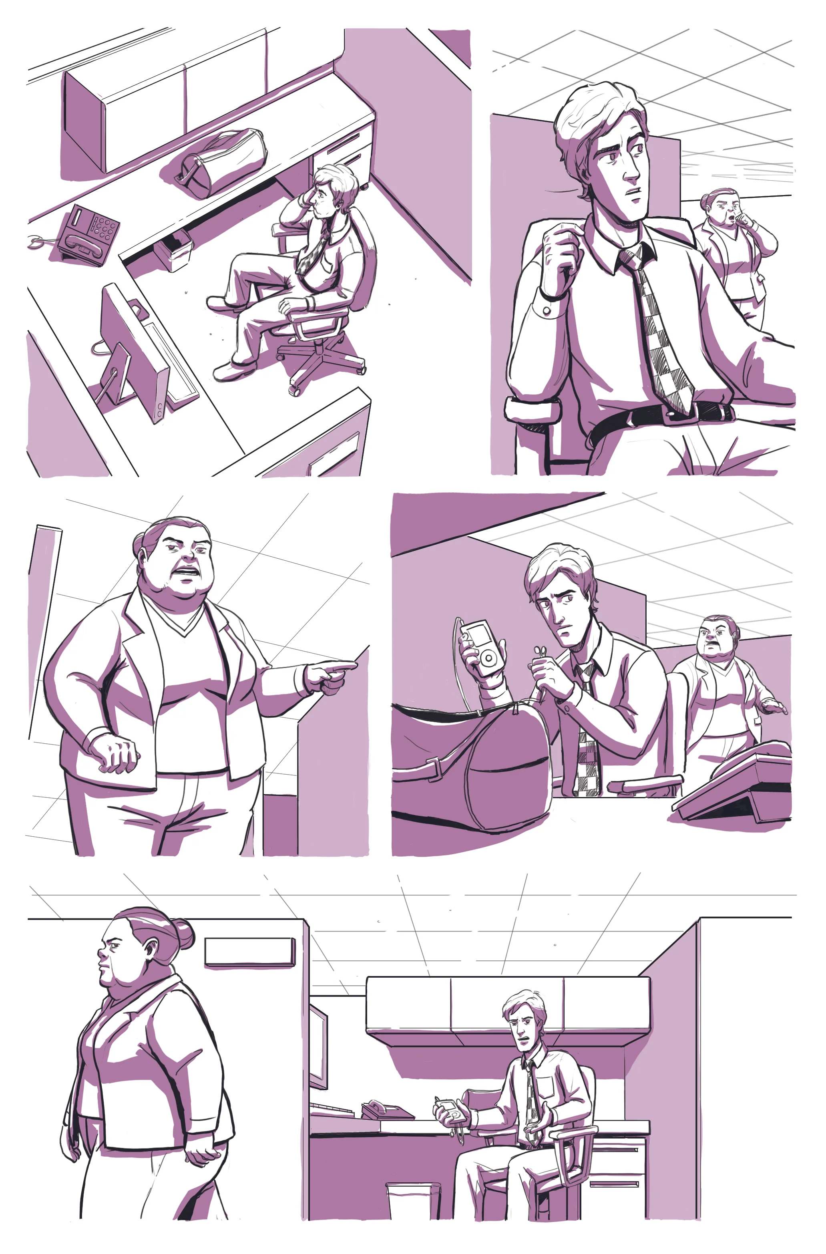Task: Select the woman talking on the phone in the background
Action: (735, 242)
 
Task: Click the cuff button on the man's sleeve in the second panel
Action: (547, 310)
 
